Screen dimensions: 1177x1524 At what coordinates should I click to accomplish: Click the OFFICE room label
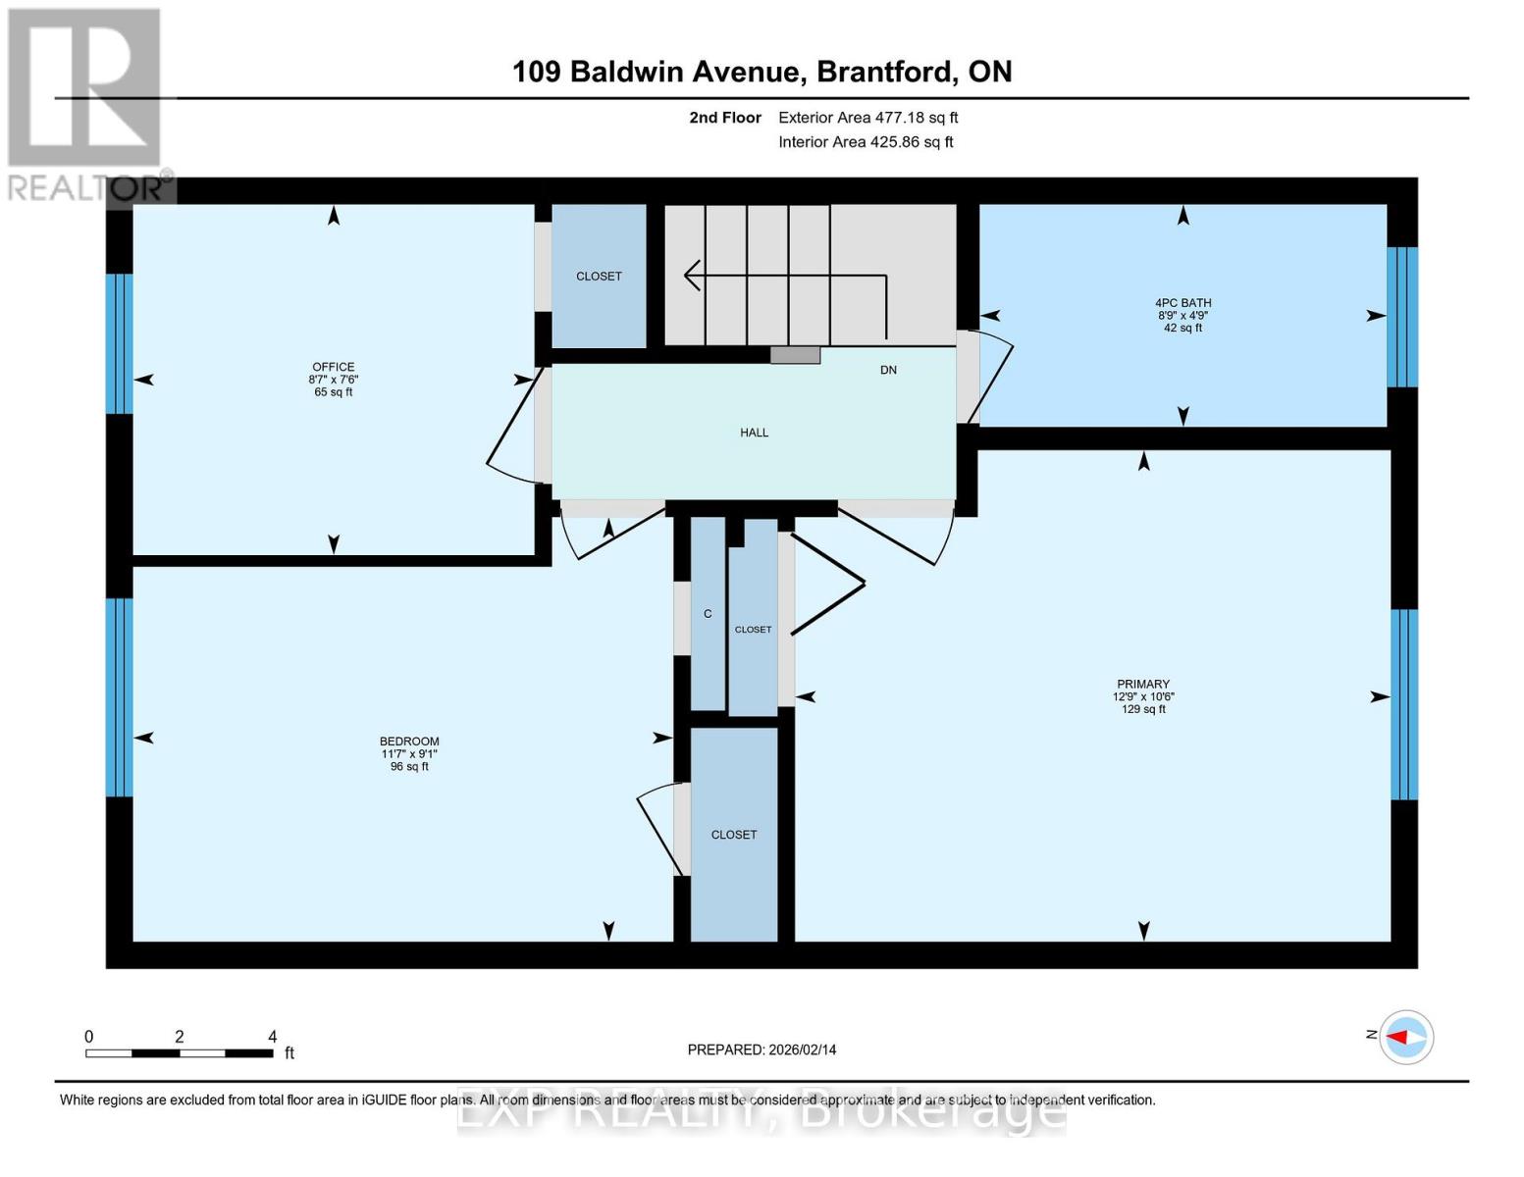[x=333, y=367]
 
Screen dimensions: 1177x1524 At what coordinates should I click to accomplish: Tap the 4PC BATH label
[x=1182, y=303]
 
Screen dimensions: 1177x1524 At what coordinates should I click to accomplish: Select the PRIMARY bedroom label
[x=1143, y=684]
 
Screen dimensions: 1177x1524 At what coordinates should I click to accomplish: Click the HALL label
[x=754, y=433]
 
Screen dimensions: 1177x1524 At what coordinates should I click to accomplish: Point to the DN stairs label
[x=888, y=370]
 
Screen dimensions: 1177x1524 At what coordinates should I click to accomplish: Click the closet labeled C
[x=708, y=614]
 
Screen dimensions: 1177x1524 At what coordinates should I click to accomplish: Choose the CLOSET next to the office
[x=599, y=277]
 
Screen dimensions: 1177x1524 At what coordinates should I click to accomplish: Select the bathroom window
[x=1401, y=317]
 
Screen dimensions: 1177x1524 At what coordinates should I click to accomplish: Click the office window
[x=119, y=343]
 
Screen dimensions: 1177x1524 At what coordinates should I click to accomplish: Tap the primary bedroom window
[x=1403, y=704]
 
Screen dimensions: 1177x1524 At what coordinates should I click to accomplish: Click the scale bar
[x=180, y=1053]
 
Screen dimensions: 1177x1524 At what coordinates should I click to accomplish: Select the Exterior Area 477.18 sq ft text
[x=867, y=118]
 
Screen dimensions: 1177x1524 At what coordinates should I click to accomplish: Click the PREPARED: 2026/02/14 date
[x=762, y=1049]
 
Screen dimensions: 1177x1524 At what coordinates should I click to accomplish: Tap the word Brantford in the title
[x=886, y=72]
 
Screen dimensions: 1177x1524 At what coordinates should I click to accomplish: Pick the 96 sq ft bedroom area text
[x=409, y=766]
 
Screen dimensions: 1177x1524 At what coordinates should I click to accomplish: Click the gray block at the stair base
[x=795, y=355]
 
